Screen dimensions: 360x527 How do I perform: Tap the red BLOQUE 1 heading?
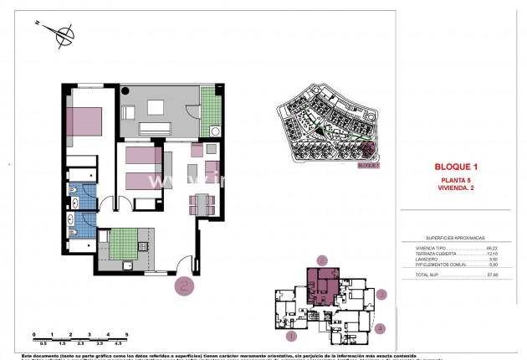(x=461, y=166)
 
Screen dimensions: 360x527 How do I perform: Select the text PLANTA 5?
(x=461, y=181)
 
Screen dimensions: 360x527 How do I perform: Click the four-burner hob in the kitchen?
(x=142, y=247)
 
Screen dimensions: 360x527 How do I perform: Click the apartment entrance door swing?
(x=186, y=265)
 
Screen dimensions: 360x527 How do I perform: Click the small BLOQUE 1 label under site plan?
(x=368, y=166)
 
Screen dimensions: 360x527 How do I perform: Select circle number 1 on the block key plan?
(x=292, y=336)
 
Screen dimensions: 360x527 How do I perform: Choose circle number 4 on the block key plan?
(x=381, y=329)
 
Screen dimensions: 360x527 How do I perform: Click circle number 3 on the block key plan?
(x=381, y=294)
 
